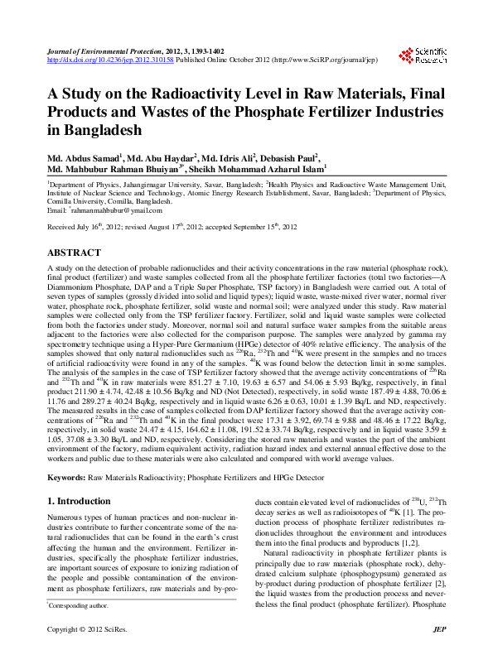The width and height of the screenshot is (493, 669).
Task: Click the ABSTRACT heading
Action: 74,252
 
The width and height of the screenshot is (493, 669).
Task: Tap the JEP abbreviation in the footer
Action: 440,653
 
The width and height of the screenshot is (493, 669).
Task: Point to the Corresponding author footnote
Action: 84,630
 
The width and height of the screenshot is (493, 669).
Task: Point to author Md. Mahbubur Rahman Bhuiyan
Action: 119,169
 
